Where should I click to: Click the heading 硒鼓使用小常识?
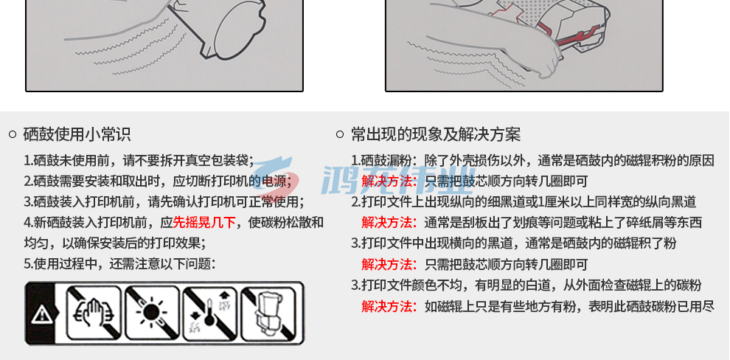pyautogui.click(x=77, y=134)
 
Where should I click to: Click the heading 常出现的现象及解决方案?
pyautogui.click(x=436, y=134)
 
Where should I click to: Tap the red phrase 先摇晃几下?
pyautogui.click(x=204, y=222)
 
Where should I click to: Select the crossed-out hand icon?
pyautogui.click(x=94, y=313)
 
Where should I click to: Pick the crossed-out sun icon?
pyautogui.click(x=152, y=313)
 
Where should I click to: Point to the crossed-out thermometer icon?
pyautogui.click(x=210, y=313)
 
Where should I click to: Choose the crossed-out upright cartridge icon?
pyautogui.click(x=268, y=313)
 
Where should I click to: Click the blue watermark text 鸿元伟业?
pyautogui.click(x=398, y=179)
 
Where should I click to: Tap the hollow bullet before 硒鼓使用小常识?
pyautogui.click(x=13, y=135)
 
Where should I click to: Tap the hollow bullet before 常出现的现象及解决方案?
pyautogui.click(x=340, y=135)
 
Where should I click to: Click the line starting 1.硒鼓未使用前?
pyautogui.click(x=139, y=161)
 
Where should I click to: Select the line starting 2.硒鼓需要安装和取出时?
pyautogui.click(x=161, y=181)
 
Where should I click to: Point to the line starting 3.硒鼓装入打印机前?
pyautogui.click(x=164, y=201)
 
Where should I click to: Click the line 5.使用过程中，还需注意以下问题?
pyautogui.click(x=119, y=263)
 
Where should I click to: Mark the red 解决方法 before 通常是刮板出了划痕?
pyautogui.click(x=389, y=223)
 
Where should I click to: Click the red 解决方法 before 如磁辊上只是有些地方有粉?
pyautogui.click(x=389, y=306)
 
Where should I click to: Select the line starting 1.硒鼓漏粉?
pyautogui.click(x=532, y=161)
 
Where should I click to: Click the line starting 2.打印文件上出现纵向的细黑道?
pyautogui.click(x=524, y=201)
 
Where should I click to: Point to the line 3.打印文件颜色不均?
pyautogui.click(x=526, y=285)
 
